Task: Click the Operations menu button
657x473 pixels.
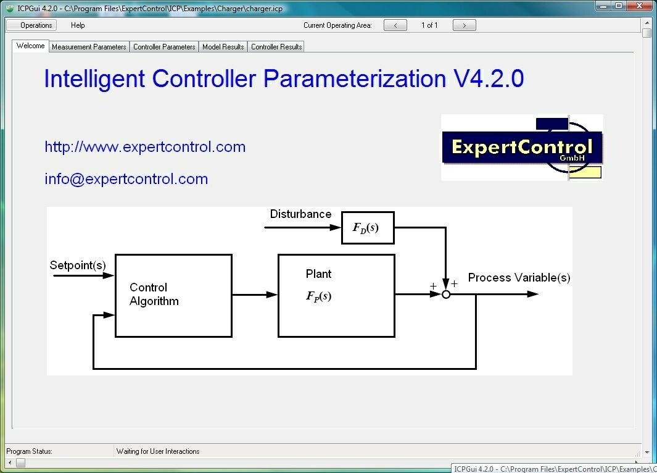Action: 31,25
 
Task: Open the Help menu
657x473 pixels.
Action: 78,25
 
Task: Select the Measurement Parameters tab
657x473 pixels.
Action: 89,47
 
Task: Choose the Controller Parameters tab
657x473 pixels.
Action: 164,47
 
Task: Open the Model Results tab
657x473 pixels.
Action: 223,47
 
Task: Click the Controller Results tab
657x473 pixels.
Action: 276,47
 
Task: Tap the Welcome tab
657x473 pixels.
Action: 30,46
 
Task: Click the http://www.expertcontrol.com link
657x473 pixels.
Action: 145,147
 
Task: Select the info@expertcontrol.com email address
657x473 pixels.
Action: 126,179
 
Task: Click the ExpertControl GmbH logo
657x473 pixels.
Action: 522,148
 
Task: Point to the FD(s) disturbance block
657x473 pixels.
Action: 368,228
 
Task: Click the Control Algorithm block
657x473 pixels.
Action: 173,295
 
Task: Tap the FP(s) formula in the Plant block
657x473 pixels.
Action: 319,296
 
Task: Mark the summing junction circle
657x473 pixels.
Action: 446,295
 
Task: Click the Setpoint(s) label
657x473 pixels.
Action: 78,266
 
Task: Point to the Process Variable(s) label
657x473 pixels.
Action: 519,278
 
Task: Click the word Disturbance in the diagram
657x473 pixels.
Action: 300,214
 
